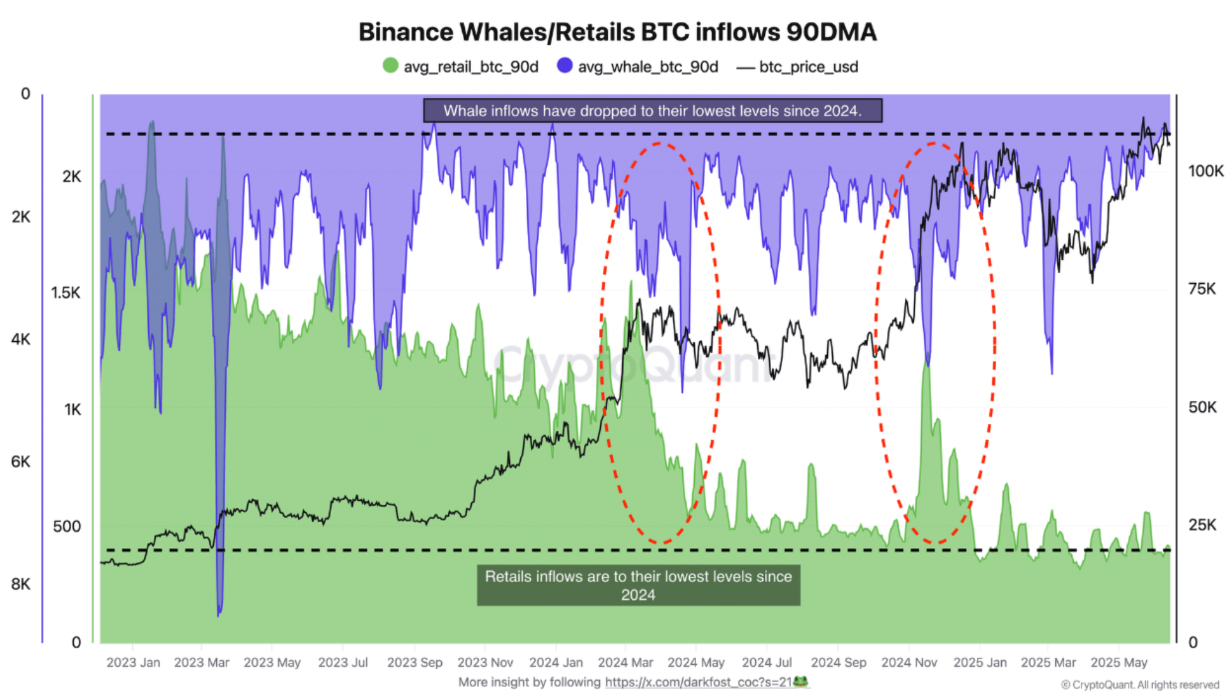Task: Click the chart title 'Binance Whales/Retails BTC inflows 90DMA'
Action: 617,32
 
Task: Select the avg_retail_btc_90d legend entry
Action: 462,66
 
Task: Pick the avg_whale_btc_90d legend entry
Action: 638,66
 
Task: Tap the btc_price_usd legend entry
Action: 798,66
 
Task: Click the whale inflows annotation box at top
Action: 652,111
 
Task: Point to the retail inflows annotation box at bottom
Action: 638,585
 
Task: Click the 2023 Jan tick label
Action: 133,663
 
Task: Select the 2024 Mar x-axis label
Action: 625,663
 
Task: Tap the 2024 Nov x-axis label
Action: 909,663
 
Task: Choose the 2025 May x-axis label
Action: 1119,663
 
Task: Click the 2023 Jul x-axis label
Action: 343,663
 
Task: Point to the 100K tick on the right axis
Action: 1206,171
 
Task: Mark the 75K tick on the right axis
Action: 1202,289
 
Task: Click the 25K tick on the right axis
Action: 1202,525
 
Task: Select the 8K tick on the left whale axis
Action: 21,584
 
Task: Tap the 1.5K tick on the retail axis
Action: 66,293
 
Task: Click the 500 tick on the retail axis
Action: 67,527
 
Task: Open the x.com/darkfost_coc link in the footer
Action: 698,682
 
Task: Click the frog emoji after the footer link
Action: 801,682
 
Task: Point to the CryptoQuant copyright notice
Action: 1140,685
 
